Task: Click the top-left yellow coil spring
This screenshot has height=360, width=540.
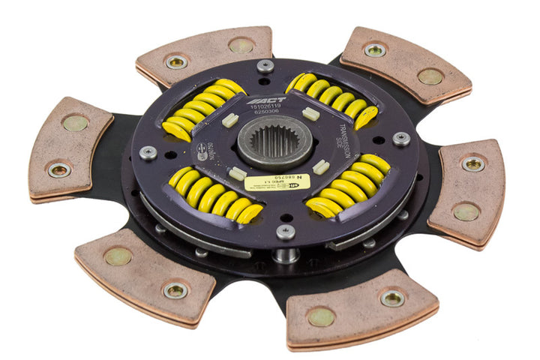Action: pyautogui.click(x=196, y=109)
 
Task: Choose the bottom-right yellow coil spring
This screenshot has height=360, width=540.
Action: pyautogui.click(x=349, y=184)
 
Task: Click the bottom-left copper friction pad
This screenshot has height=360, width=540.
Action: pyautogui.click(x=145, y=272)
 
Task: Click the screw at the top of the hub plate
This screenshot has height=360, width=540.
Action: pyautogui.click(x=265, y=66)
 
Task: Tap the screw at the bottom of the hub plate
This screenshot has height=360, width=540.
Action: pyautogui.click(x=286, y=231)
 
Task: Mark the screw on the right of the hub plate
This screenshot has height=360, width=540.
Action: pyautogui.click(x=401, y=139)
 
